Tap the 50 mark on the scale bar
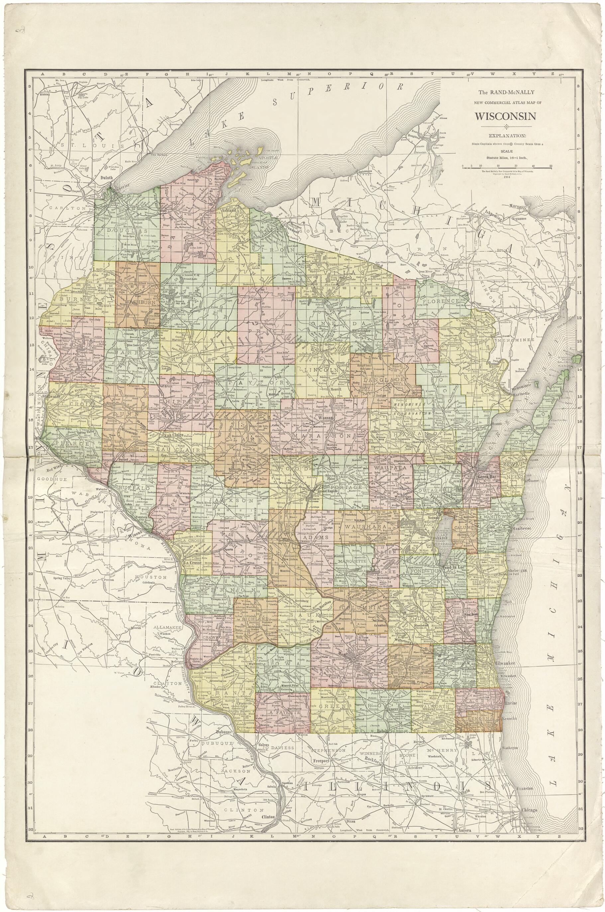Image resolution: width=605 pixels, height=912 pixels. pos(551,165)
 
